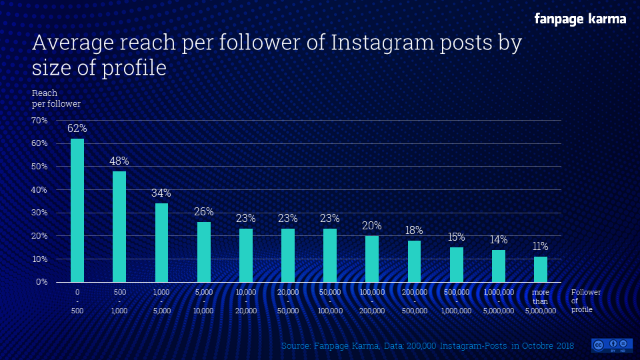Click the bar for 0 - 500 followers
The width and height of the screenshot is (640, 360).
[x=77, y=210]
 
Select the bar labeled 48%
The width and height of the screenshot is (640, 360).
[x=119, y=227]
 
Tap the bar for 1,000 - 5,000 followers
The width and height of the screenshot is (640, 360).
[x=161, y=243]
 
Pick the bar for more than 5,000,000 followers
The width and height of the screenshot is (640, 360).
[x=541, y=269]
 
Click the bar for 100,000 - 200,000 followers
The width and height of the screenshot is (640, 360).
[x=372, y=259]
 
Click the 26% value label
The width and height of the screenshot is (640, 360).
[x=203, y=212]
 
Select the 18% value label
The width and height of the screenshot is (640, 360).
[x=414, y=231]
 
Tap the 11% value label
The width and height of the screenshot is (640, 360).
[x=541, y=247]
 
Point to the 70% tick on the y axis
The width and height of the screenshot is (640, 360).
[x=39, y=121]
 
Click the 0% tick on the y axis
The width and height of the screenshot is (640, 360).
[x=41, y=282]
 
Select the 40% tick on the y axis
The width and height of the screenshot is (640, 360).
[x=39, y=190]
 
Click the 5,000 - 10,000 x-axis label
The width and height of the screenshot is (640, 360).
[x=203, y=301]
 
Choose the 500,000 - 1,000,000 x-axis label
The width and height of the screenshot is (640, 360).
[x=456, y=301]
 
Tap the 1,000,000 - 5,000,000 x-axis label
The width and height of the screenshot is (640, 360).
[x=498, y=301]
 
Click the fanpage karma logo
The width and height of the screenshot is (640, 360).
[x=580, y=19]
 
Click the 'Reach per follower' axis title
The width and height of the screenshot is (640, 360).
[x=56, y=99]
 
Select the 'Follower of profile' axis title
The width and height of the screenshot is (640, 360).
[x=586, y=301]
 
